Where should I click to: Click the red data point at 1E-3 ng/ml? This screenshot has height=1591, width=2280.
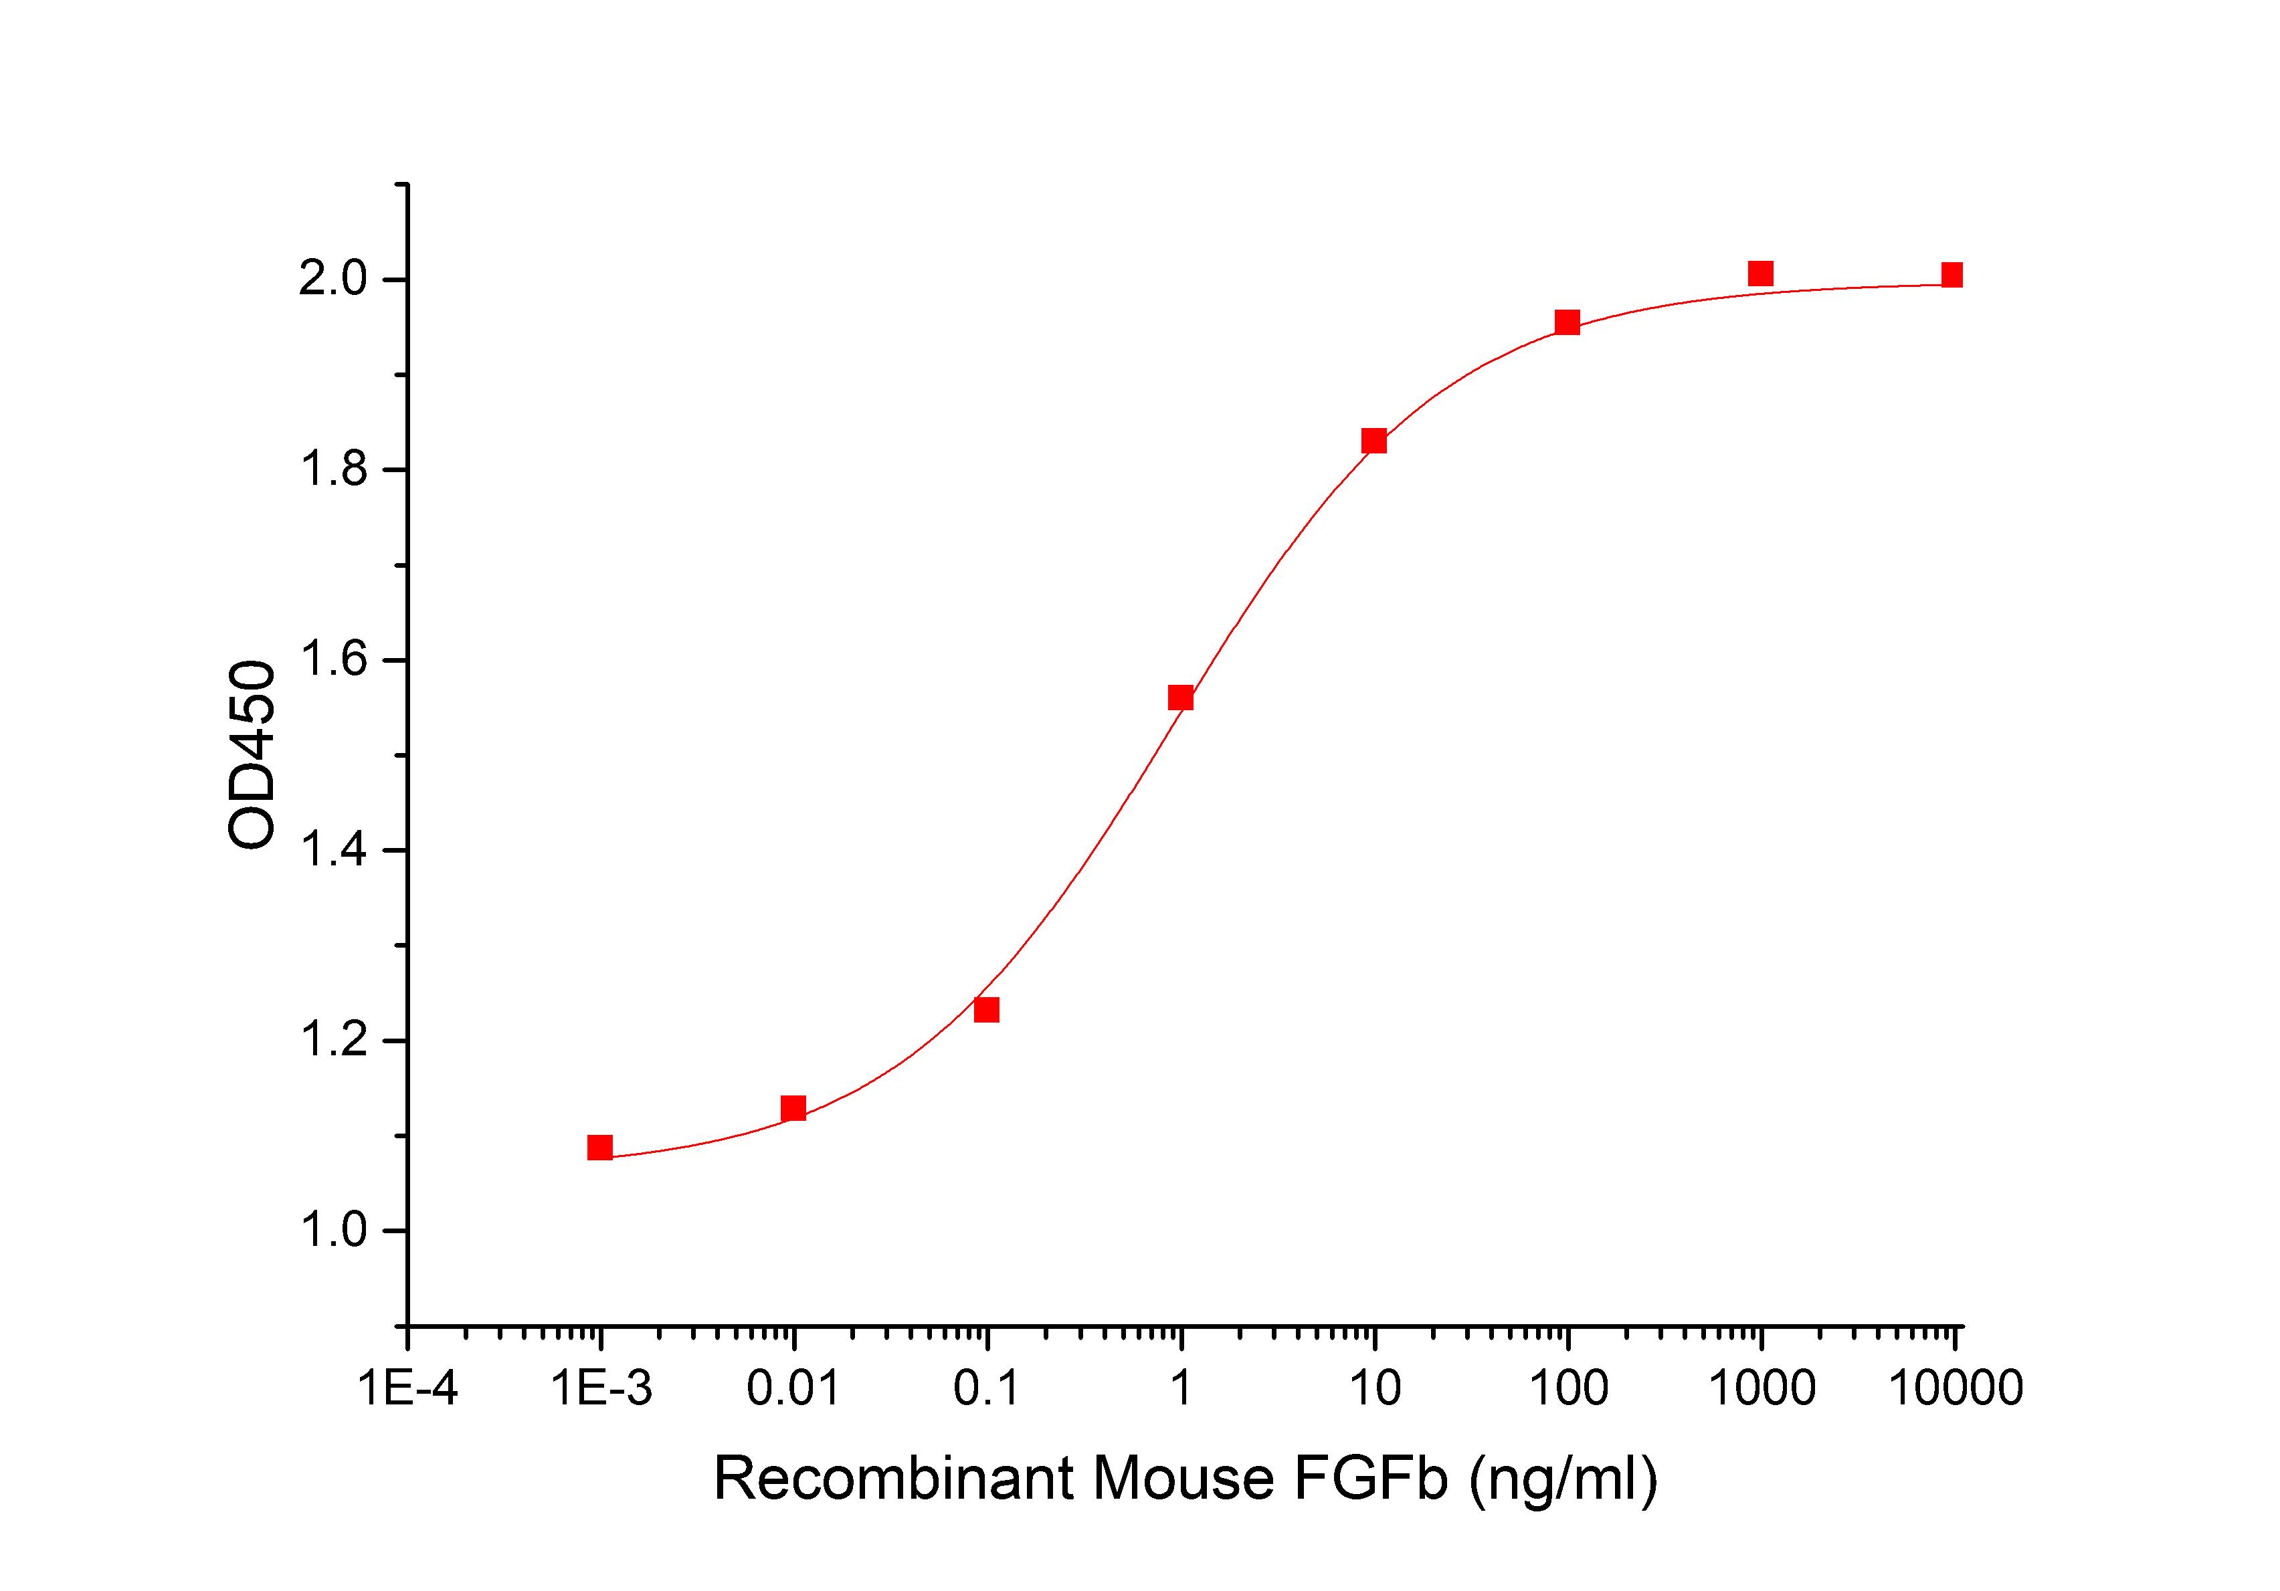pos(600,1148)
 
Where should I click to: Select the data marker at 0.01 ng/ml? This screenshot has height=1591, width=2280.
pos(793,1107)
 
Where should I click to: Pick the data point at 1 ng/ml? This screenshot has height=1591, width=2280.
pos(1181,698)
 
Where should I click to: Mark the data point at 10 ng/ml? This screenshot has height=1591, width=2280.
pos(1374,441)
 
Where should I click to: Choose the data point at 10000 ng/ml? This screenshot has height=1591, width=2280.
pos(1952,275)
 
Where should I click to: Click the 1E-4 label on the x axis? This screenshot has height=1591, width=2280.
pos(408,1388)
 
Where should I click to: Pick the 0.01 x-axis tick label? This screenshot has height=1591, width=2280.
pos(793,1388)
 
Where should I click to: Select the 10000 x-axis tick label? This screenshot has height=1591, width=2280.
pos(1954,1388)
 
